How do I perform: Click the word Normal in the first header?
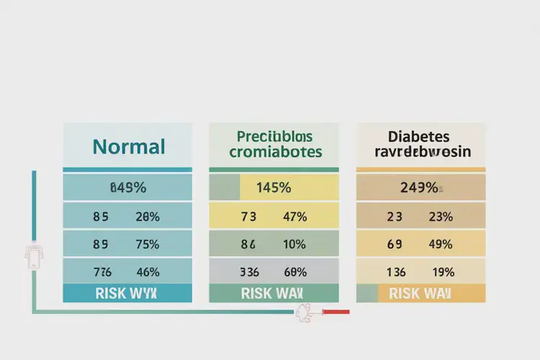(129, 147)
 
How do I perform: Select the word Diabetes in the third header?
(418, 136)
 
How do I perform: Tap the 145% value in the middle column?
(274, 188)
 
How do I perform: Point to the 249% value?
(419, 188)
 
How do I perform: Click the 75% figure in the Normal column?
(147, 244)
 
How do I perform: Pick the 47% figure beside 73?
(295, 216)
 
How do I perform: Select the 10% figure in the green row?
(295, 244)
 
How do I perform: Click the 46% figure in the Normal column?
(147, 272)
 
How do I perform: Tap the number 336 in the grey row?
(248, 272)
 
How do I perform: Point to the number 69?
(395, 244)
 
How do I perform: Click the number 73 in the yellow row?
(248, 216)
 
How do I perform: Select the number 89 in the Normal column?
(101, 244)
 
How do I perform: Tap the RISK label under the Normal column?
(110, 293)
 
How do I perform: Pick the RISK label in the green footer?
(256, 293)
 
